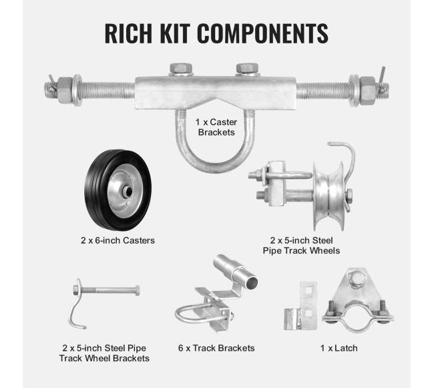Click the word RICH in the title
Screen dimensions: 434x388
pos(128,33)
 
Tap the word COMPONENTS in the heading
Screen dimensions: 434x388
pos(262,33)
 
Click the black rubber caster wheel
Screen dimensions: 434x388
pos(118,190)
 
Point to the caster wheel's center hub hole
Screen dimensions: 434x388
pos(128,191)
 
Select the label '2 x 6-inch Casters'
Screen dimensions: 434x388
pos(118,240)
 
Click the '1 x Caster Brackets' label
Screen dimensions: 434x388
pos(216,127)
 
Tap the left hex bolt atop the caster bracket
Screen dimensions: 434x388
pos(181,69)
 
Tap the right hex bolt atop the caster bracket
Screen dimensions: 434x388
pos(247,69)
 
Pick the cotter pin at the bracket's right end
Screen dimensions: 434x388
pos(383,80)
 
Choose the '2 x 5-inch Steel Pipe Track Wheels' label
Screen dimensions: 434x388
pos(301,246)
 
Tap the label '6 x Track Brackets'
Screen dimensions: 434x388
pos(216,348)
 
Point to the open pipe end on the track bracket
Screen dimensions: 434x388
pos(252,282)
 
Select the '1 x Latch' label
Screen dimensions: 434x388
pos(339,348)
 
